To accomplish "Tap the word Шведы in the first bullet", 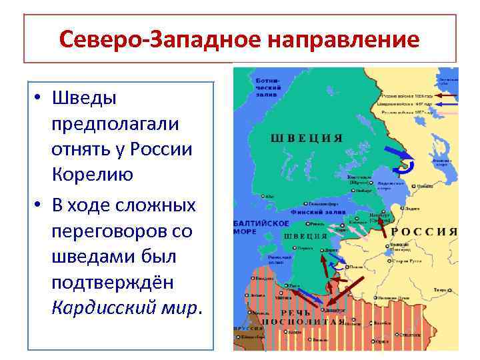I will [84, 98].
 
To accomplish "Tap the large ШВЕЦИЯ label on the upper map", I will [307, 138].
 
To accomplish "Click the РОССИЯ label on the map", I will [425, 232].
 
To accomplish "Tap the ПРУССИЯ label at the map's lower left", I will [246, 329].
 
